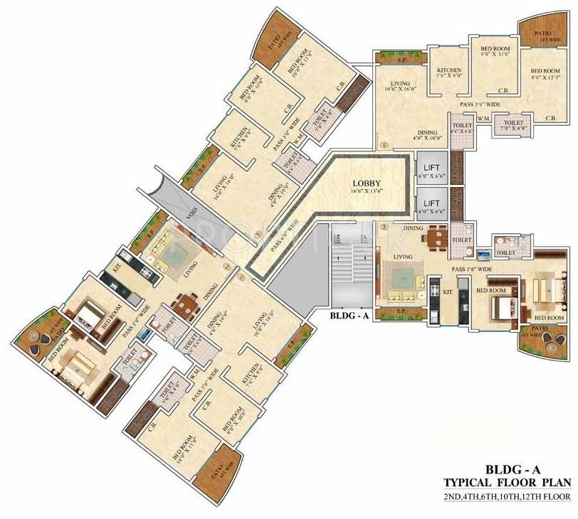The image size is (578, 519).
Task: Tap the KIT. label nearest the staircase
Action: [448, 291]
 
